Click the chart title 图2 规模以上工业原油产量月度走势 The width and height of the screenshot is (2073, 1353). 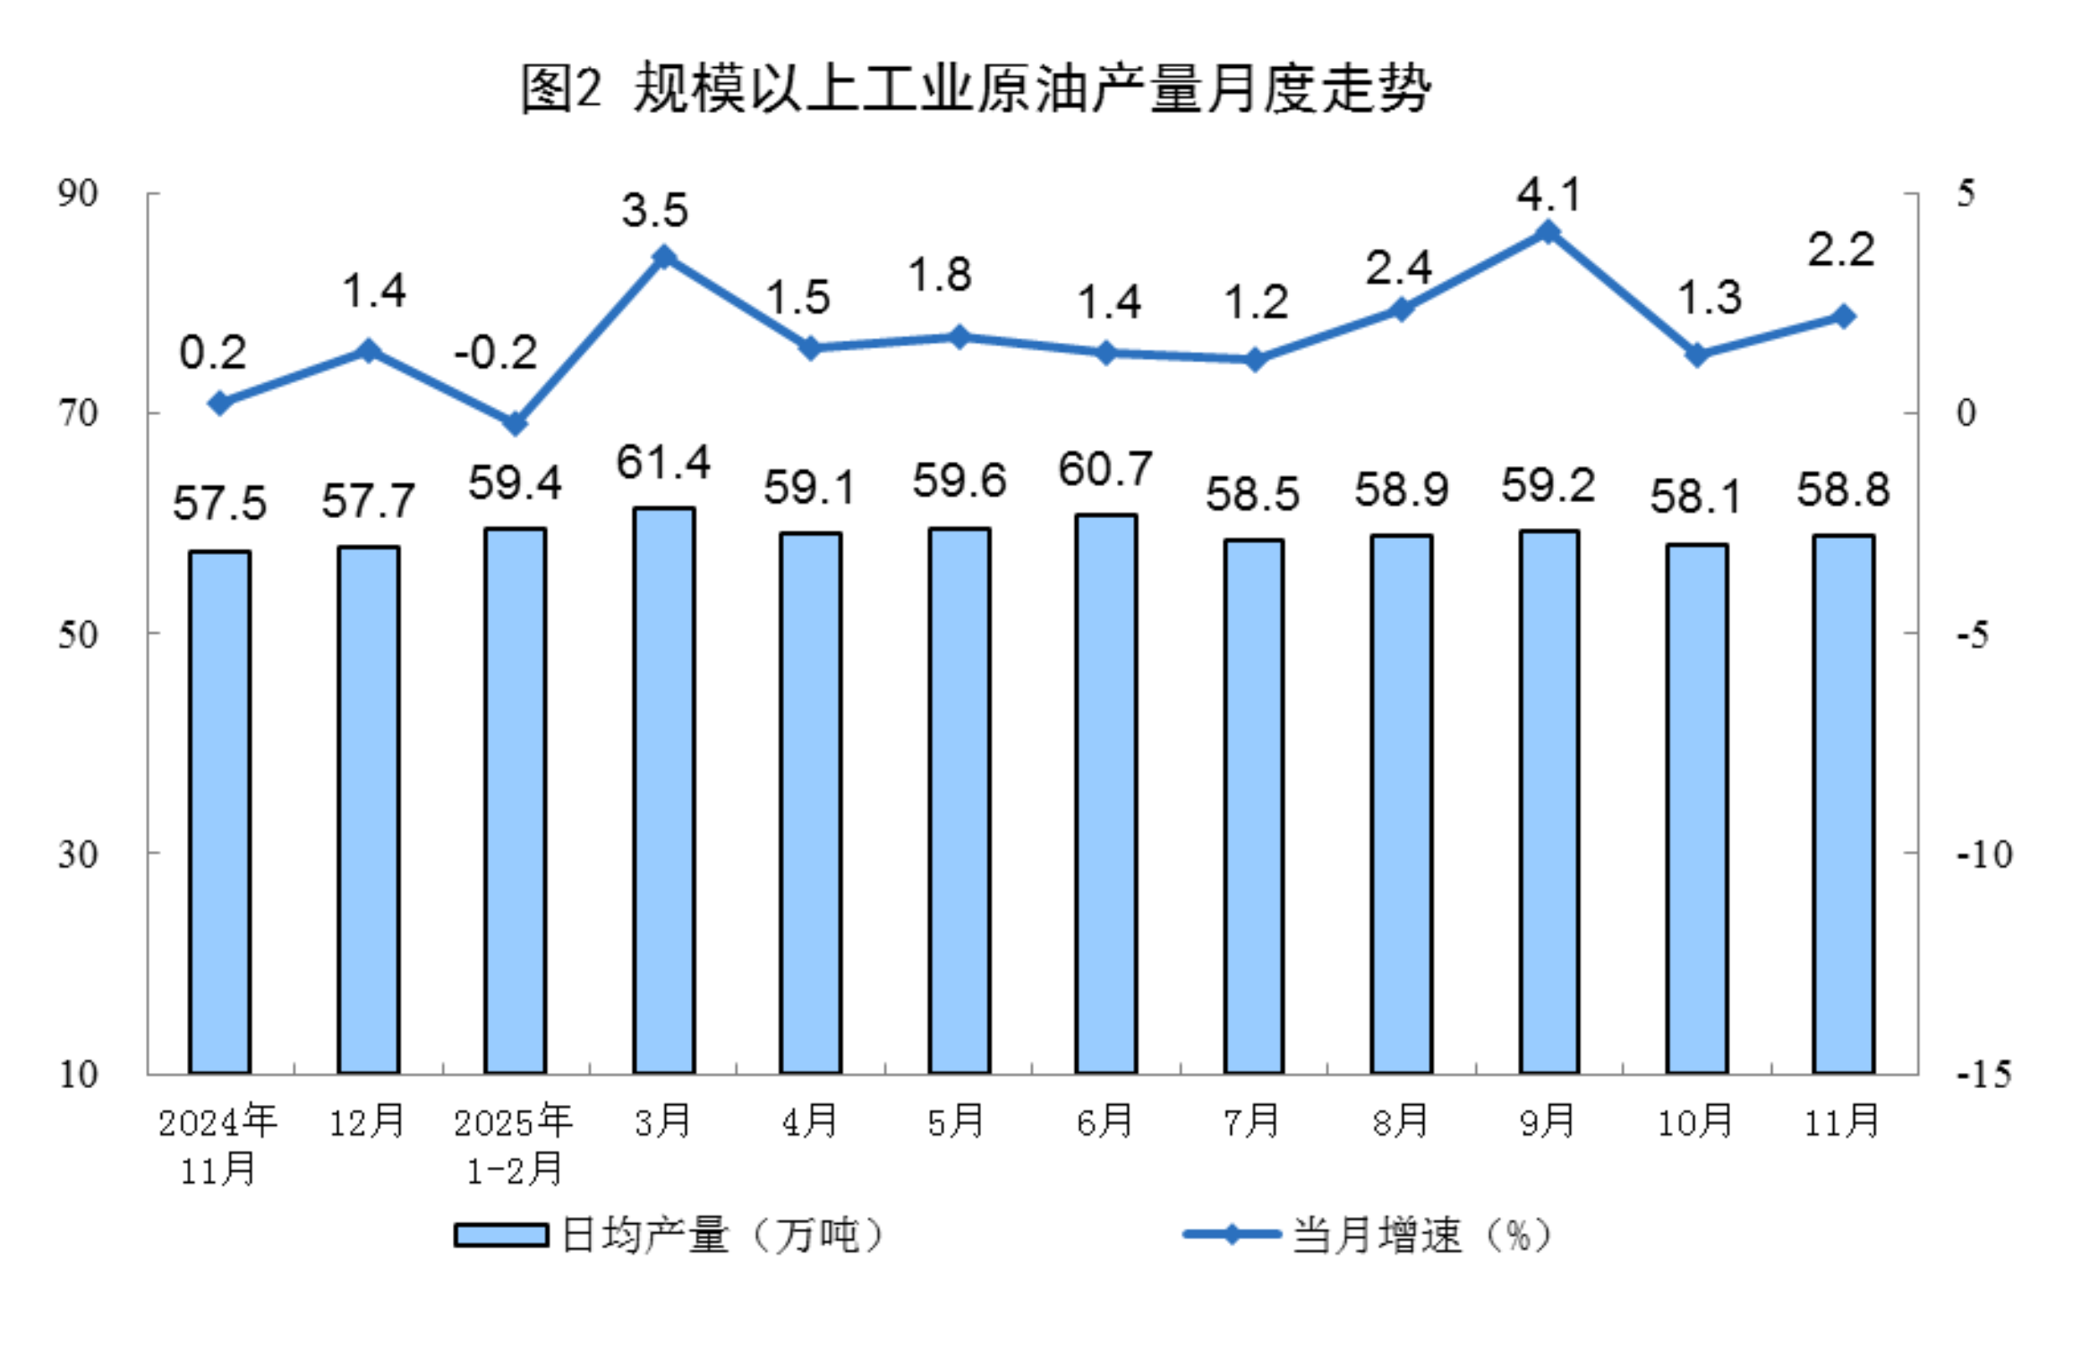[976, 89]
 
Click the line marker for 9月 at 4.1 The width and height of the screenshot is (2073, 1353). [1548, 233]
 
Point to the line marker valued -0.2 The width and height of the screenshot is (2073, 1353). [515, 423]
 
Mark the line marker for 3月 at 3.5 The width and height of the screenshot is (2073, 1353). [663, 258]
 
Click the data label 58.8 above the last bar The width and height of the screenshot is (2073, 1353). [1843, 489]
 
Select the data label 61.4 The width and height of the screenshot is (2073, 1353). [663, 463]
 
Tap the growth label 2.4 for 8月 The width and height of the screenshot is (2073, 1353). [1398, 268]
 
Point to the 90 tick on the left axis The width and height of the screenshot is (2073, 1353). [78, 193]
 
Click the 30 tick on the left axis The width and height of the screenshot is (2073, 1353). [78, 854]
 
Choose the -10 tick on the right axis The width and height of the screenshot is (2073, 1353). [1983, 854]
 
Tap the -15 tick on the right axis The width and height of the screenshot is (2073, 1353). [1983, 1074]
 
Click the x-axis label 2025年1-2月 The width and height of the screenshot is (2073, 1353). [514, 1145]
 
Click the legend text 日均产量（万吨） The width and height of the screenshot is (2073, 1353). [721, 1236]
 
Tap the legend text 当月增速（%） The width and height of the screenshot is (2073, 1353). [1420, 1236]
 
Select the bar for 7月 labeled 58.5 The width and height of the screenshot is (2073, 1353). [1253, 805]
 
